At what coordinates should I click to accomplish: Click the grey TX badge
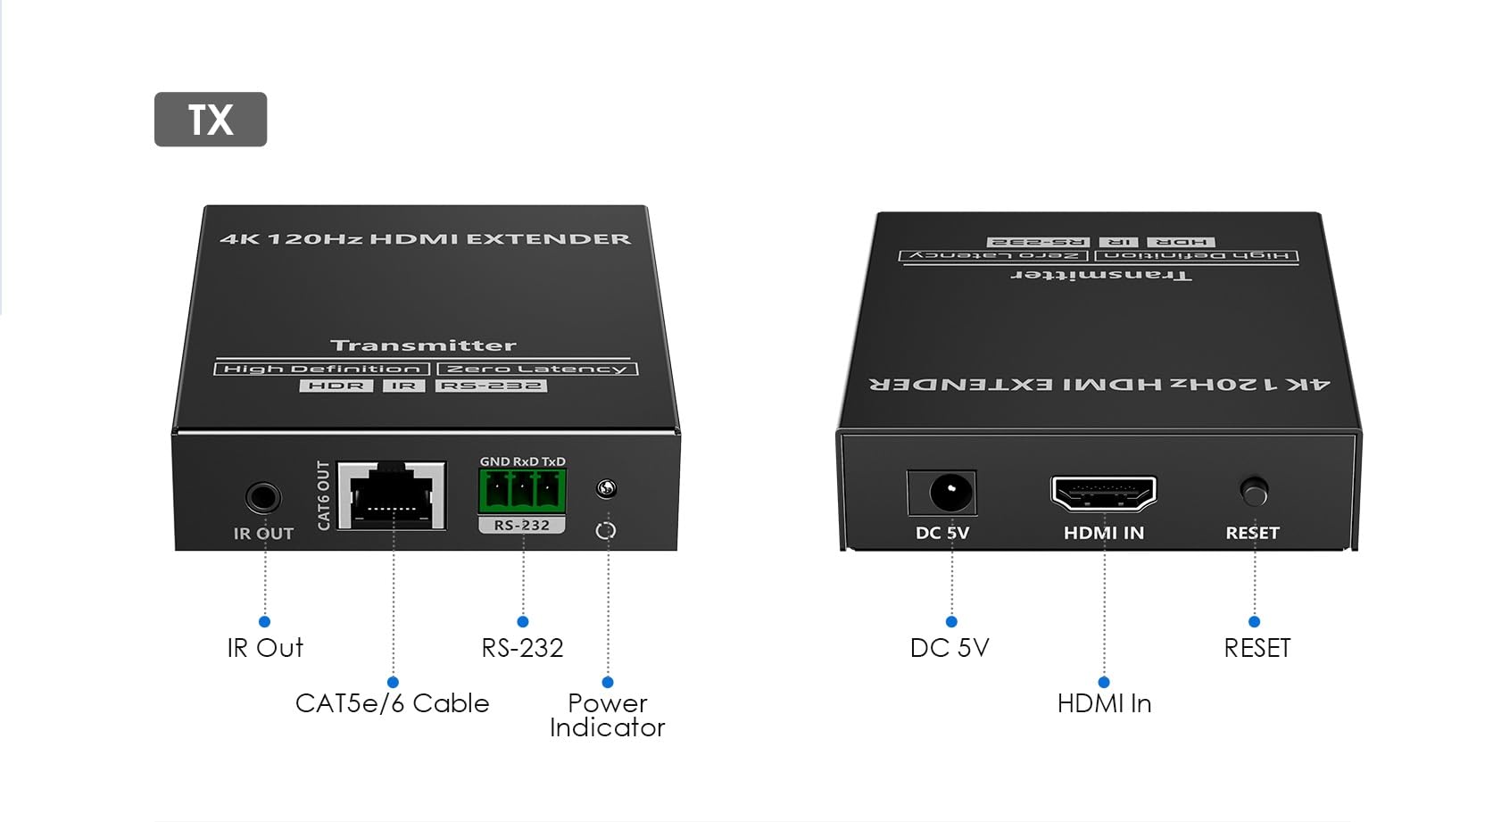coord(211,120)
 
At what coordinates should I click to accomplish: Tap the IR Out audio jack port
coord(262,497)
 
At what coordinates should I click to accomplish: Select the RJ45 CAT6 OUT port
coord(392,495)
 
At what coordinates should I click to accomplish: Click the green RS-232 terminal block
coord(523,492)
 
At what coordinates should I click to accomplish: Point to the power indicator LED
coord(606,489)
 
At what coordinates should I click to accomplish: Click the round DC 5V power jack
coord(950,493)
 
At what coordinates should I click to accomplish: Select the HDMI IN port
coord(1104,494)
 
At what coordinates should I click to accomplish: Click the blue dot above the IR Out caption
coord(265,621)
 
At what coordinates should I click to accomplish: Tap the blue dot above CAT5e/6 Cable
coord(393,682)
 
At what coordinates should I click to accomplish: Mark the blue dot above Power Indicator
coord(607,682)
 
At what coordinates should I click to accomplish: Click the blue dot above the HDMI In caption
coord(1104,682)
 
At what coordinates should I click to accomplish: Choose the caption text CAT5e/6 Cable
coord(392,703)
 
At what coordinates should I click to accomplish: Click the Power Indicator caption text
coord(607,715)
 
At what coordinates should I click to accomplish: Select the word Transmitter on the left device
coord(423,345)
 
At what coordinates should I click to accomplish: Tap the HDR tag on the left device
coord(336,386)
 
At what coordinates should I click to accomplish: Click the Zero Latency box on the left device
coord(537,369)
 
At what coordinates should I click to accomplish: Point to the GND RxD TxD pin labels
coord(523,461)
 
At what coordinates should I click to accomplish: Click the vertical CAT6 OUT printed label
coord(324,495)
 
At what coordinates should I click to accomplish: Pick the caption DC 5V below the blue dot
coord(950,648)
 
